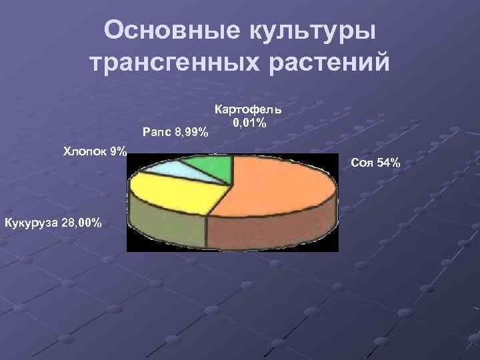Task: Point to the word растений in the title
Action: (x=329, y=63)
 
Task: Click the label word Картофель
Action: (x=248, y=109)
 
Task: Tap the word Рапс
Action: (x=157, y=133)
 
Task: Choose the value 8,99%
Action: (x=191, y=133)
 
